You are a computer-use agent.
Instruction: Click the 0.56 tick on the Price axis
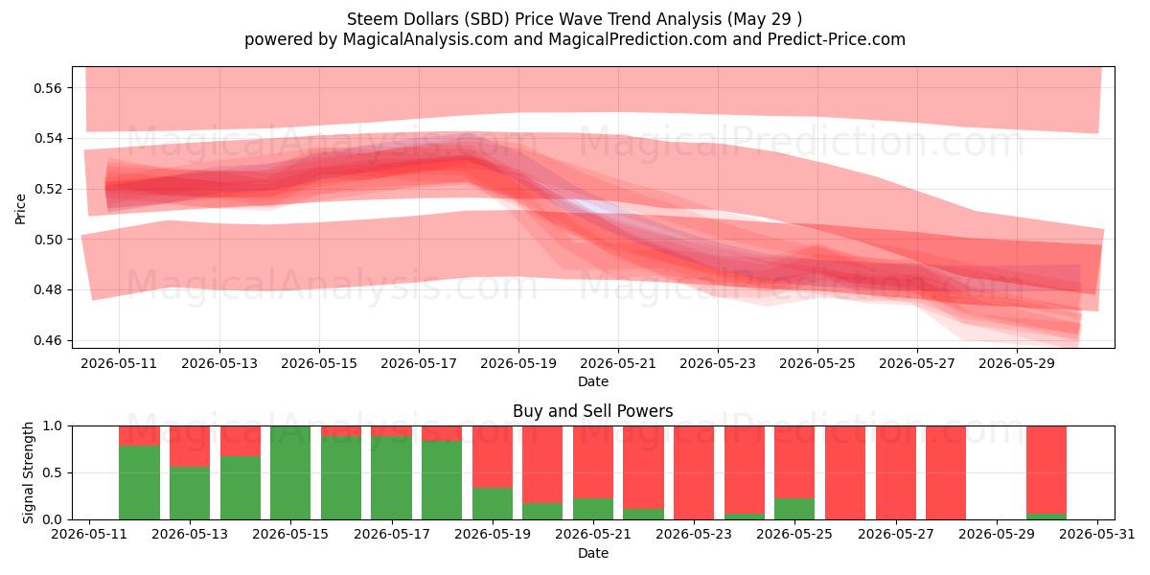click(47, 88)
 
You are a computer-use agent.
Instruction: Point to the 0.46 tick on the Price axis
click(47, 340)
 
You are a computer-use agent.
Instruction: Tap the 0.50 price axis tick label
click(47, 240)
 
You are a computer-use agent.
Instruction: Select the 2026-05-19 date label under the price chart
click(518, 363)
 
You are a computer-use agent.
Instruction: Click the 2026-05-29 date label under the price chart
click(1017, 363)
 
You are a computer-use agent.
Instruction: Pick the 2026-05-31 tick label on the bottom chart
click(1097, 535)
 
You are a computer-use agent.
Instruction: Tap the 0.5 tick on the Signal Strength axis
click(53, 472)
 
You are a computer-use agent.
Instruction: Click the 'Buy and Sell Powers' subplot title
click(592, 411)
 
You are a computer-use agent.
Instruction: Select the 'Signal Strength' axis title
click(28, 472)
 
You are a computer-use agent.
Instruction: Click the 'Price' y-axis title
click(20, 210)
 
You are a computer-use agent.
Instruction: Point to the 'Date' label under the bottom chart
click(593, 554)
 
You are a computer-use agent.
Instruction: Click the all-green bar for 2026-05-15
click(290, 472)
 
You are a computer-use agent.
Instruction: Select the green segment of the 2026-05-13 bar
click(190, 493)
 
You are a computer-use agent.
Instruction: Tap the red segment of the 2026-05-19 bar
click(493, 457)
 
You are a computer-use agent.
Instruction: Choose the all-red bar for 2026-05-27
click(896, 472)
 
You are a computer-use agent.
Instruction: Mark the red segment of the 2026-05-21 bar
click(593, 462)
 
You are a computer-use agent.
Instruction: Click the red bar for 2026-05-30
click(1046, 470)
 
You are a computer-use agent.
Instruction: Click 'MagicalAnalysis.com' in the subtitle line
click(425, 39)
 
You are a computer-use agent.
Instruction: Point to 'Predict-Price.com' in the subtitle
click(837, 39)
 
